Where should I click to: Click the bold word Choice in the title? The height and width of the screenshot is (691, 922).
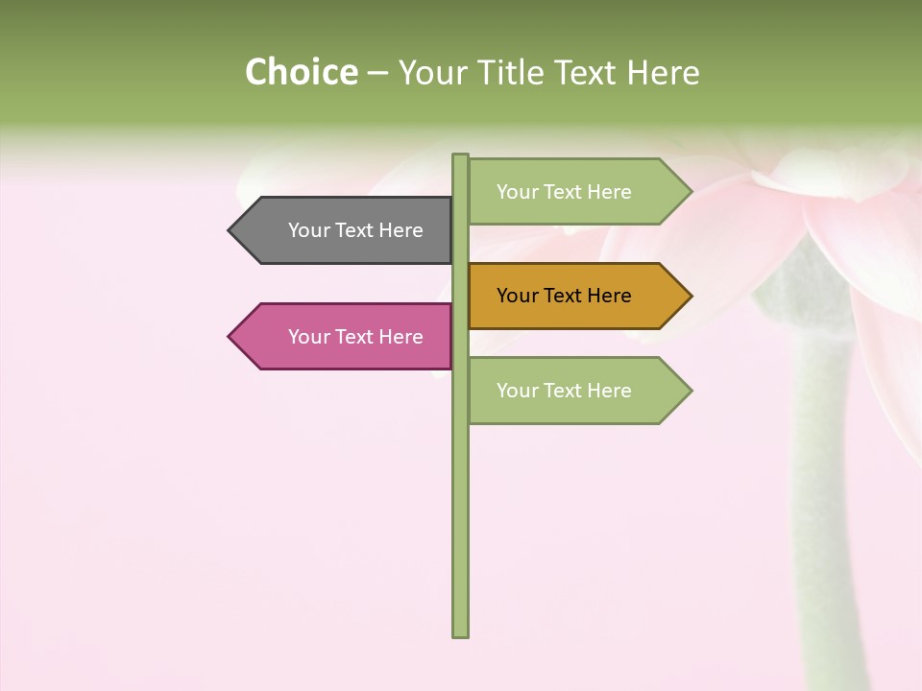point(301,72)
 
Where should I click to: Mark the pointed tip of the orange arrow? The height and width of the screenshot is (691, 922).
point(690,296)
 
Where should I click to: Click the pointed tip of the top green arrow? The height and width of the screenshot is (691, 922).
point(690,192)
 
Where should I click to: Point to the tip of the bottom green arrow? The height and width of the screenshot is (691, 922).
point(690,391)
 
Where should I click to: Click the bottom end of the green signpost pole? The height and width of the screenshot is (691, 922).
point(460,633)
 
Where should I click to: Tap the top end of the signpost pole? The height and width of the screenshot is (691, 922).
point(460,157)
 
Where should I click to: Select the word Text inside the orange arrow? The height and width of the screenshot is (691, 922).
point(565,296)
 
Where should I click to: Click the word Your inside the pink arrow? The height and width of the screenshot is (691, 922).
point(309,337)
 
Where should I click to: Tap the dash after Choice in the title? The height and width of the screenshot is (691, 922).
point(377,73)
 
